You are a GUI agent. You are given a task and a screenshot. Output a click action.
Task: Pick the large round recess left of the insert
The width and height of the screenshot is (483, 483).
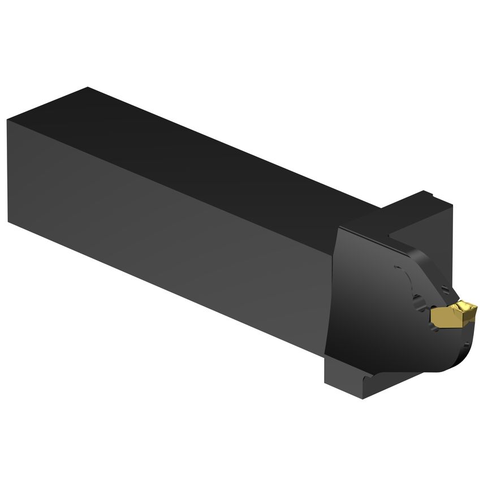pyautogui.click(x=421, y=306)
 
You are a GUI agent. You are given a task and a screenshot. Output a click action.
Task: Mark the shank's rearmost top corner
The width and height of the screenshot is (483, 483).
pyautogui.click(x=88, y=87)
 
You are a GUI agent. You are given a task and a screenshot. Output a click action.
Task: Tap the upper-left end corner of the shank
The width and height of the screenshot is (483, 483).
pyautogui.click(x=8, y=120)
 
